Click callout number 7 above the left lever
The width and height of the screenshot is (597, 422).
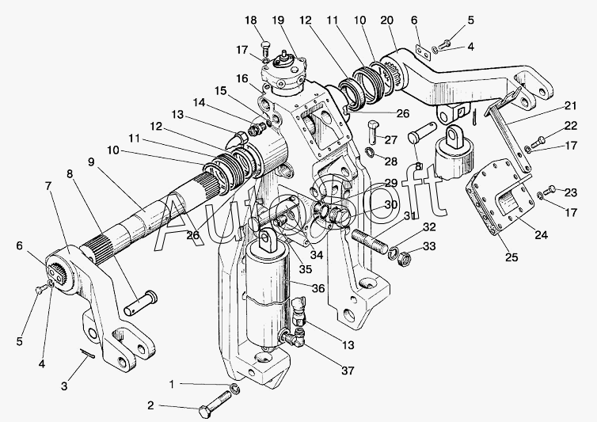50,185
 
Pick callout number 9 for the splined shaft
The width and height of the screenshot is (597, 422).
91,161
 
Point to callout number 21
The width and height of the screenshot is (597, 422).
572,105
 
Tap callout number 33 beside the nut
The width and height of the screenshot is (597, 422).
428,247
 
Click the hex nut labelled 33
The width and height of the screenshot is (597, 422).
401,256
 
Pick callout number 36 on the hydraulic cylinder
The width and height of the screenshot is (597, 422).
318,288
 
